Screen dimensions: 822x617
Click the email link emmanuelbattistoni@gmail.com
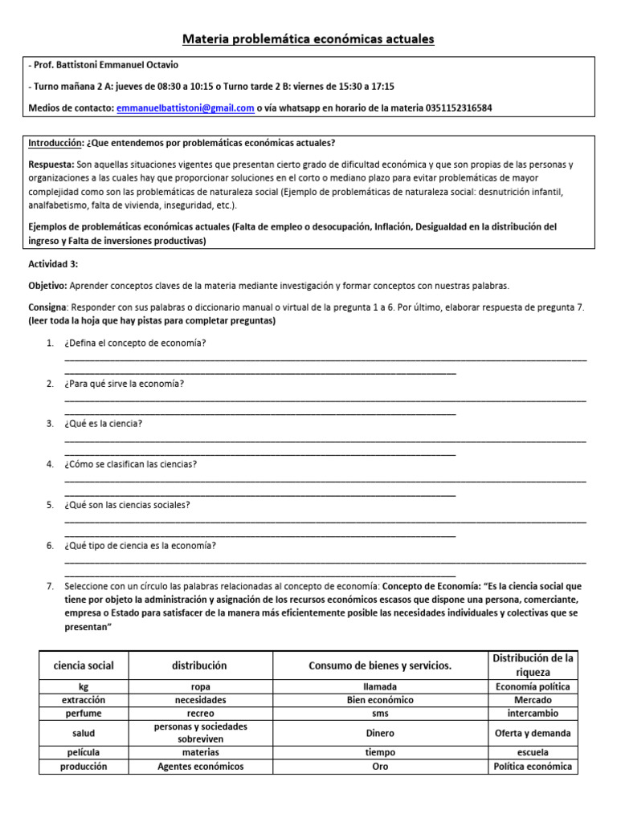(186, 108)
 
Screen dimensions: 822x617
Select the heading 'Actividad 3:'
(53, 264)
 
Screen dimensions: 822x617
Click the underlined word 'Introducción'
(55, 144)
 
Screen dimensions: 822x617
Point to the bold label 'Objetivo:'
(48, 285)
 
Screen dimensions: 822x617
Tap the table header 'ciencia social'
(84, 665)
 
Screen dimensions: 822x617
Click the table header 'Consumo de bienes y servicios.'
(380, 665)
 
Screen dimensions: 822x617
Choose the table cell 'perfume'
(84, 713)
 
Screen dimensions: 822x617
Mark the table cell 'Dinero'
(380, 733)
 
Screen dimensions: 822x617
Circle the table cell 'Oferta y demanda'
(533, 733)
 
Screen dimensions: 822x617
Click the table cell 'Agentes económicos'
(201, 767)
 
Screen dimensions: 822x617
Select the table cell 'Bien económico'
(380, 700)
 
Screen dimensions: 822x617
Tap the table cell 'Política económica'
(533, 767)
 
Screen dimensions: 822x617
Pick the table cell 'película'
(84, 753)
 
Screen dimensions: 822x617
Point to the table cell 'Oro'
(380, 767)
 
